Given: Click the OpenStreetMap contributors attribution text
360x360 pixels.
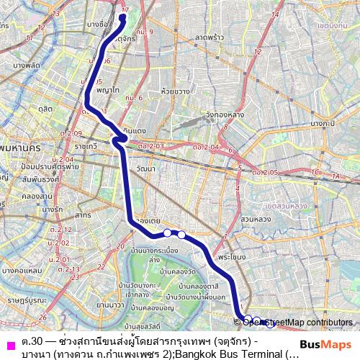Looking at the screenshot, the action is click(294, 322).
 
